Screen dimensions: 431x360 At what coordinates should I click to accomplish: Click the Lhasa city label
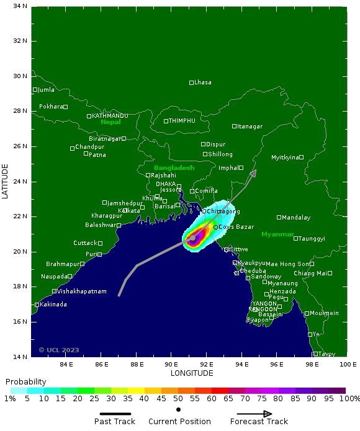202,82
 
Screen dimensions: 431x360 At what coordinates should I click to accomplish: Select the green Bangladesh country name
174,168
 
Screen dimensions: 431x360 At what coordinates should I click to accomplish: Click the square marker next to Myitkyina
301,157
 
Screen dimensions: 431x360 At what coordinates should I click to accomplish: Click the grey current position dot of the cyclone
193,238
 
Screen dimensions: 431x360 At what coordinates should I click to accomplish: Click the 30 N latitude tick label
20,76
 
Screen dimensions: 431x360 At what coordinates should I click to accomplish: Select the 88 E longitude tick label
136,364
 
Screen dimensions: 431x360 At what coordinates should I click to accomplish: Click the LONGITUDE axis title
191,373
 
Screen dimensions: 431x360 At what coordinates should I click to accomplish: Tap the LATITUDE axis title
6,181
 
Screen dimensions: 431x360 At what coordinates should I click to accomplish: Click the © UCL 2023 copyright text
59,350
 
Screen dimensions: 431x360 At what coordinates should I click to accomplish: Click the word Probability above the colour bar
25,381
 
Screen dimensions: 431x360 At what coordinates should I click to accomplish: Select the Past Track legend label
115,422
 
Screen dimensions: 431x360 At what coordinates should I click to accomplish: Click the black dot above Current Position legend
179,409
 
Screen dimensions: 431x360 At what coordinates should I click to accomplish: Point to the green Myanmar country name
277,234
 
